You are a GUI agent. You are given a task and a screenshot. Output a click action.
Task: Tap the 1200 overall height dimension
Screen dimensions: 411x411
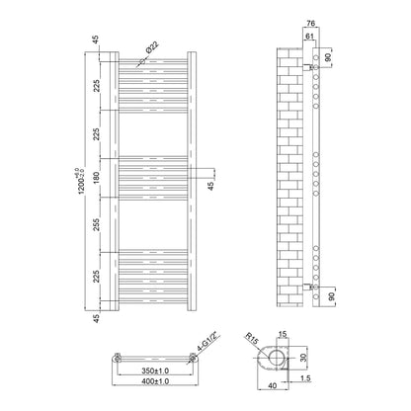80,181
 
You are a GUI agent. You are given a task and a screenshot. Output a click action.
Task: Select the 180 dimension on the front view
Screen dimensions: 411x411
97,178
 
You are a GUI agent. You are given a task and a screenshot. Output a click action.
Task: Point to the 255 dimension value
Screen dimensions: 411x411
97,224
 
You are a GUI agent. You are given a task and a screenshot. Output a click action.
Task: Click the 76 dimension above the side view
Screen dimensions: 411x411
310,23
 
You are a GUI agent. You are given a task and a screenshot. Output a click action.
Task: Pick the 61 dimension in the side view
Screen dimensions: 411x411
309,37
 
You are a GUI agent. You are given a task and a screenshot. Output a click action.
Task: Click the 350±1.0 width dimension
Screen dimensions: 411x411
155,370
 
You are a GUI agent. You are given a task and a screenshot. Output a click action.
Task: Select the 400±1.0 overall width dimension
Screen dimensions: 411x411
155,381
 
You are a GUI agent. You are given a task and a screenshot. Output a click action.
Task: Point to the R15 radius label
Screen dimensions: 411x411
252,340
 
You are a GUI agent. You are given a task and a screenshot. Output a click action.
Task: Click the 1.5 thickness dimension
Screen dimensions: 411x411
305,378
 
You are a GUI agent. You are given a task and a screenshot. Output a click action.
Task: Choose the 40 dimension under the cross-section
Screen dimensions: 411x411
273,385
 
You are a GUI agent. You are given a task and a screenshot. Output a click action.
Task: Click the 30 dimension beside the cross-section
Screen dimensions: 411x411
303,358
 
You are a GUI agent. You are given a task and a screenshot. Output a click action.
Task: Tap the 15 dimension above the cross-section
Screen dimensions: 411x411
283,335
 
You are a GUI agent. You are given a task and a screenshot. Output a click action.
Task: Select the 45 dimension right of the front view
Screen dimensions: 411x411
211,186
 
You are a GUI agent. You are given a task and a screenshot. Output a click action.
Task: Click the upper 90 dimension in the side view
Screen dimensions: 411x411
328,58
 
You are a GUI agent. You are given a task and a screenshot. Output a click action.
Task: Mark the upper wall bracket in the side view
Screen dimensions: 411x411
307,68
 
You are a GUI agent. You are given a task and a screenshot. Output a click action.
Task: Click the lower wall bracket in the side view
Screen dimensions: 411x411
307,287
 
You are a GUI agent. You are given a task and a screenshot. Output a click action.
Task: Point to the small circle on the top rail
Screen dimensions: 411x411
142,61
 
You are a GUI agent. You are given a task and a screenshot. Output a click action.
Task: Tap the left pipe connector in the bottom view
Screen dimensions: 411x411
118,357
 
